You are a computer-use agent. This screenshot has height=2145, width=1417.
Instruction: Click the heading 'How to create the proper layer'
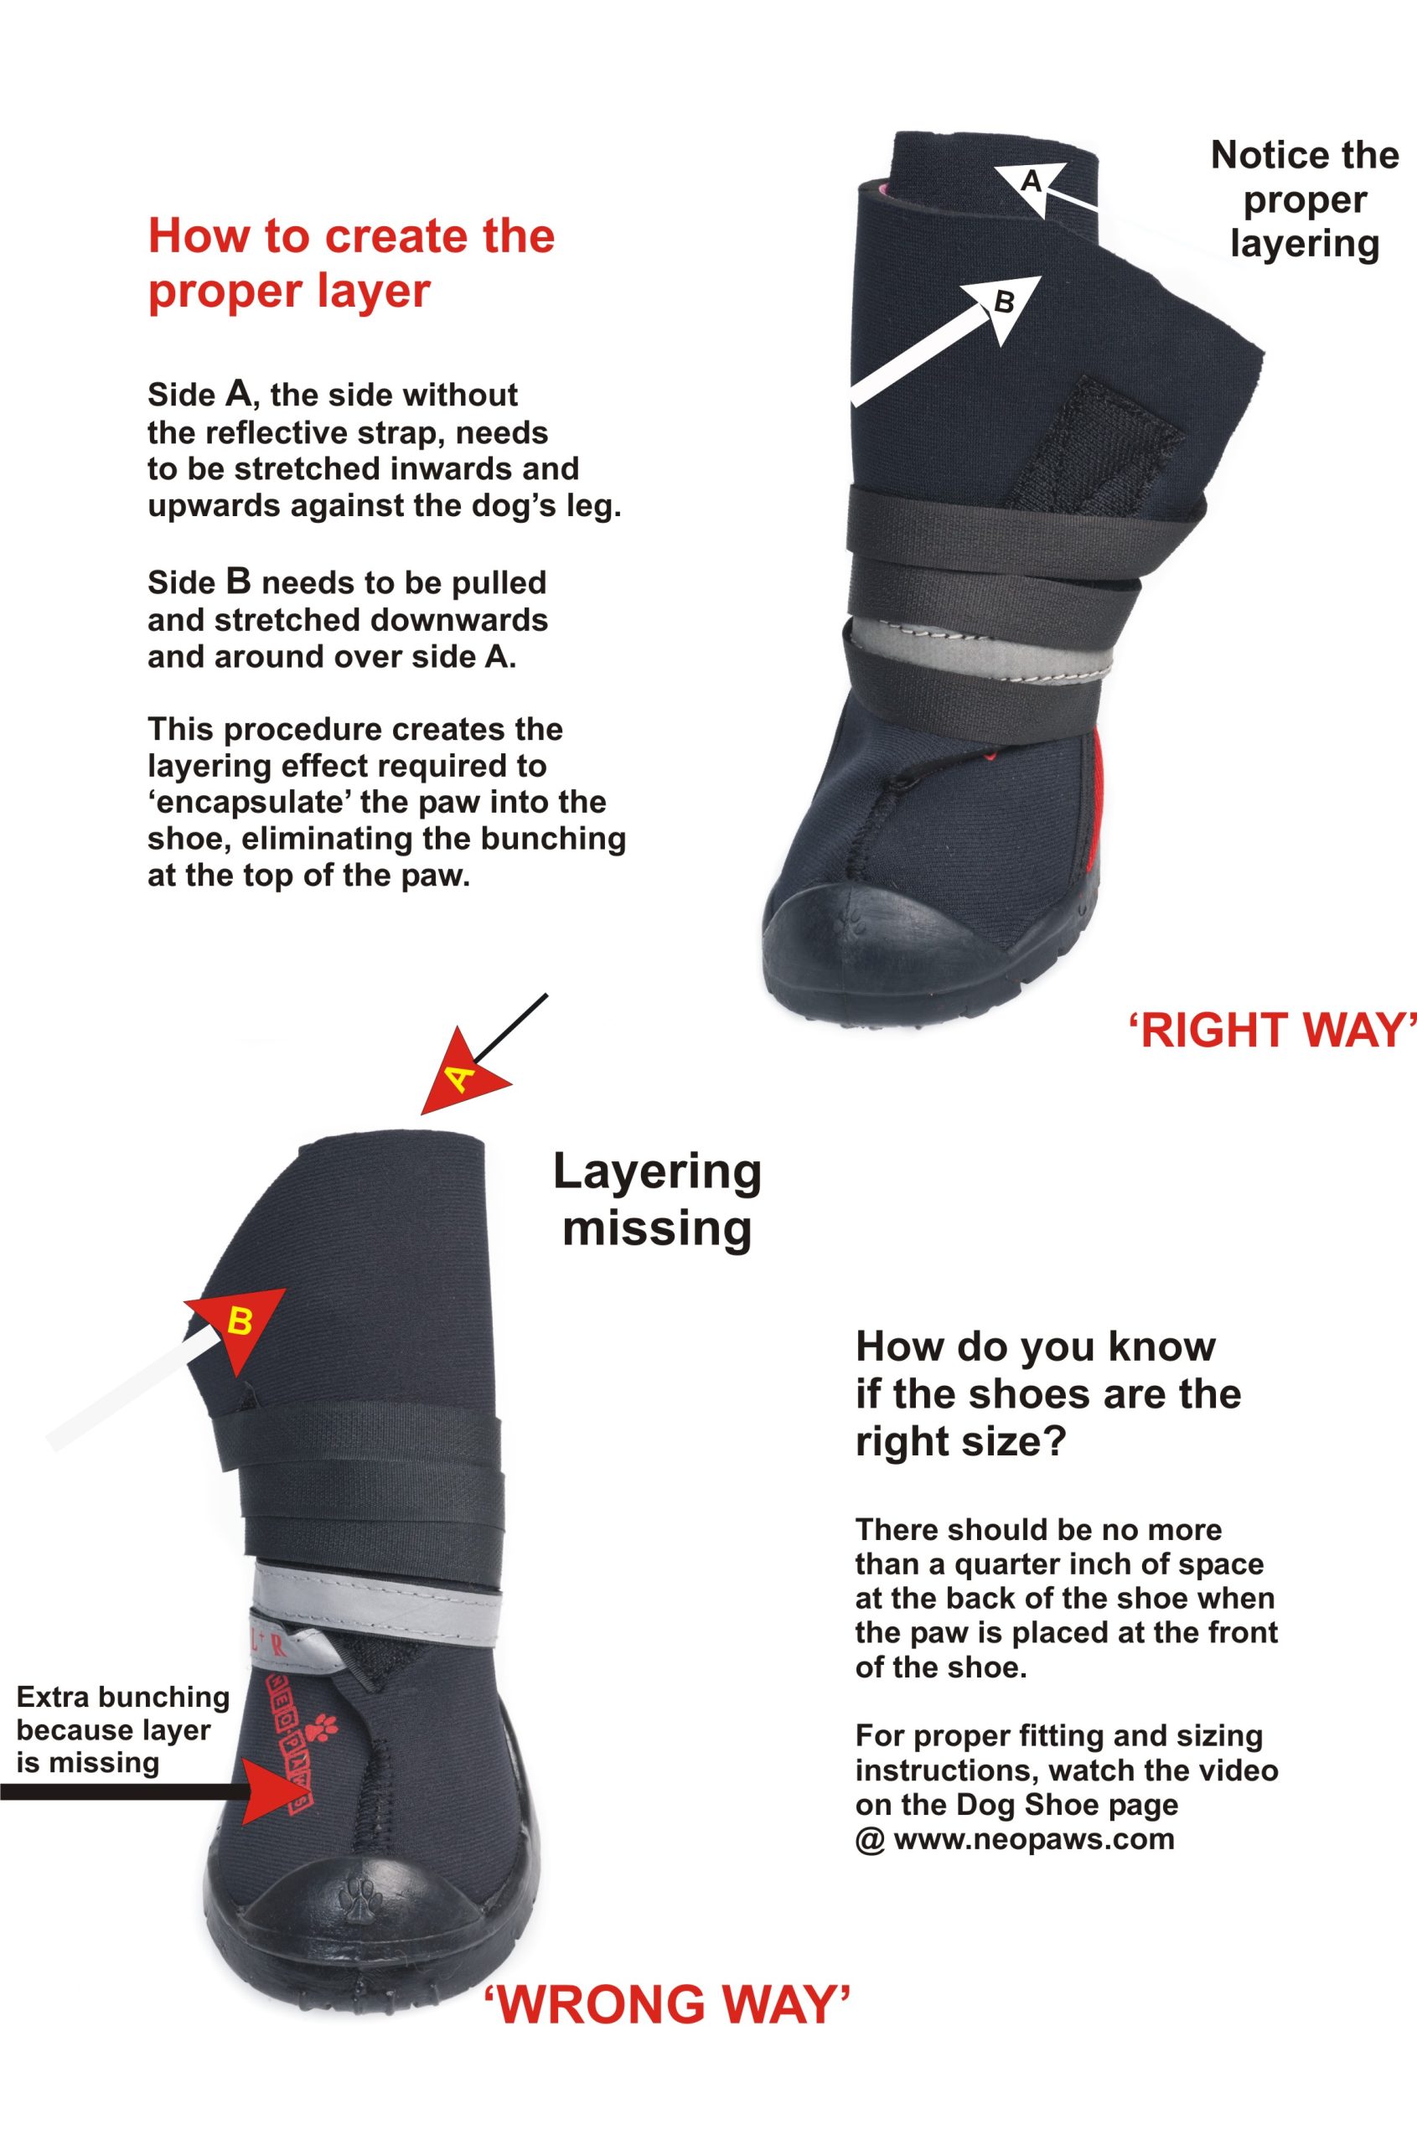[x=352, y=263]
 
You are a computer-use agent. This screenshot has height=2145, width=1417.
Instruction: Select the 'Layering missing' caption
[x=657, y=1200]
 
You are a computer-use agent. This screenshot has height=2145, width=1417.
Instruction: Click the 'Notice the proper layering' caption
[x=1305, y=199]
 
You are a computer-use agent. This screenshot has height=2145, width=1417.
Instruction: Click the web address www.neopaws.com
[x=1034, y=1840]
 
